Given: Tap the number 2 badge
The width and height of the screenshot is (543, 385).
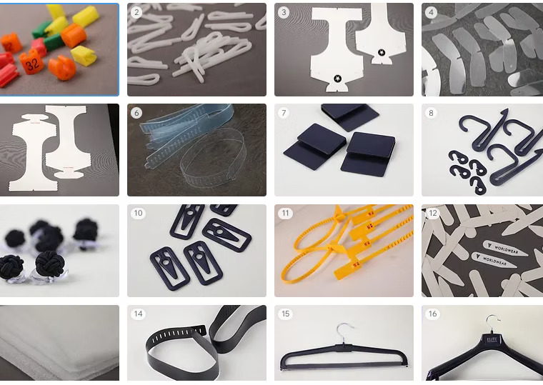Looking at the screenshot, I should point(137,13).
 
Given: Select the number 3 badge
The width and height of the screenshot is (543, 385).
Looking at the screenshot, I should point(284,13).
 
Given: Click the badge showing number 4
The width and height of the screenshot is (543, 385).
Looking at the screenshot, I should point(432,13).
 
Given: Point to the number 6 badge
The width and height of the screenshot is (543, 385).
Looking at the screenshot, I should point(137,113).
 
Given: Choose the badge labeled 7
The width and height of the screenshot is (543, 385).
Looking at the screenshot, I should point(284,113).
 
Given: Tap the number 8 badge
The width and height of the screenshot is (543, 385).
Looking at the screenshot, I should point(432,113).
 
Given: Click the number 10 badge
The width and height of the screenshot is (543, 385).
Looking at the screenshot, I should point(137,214).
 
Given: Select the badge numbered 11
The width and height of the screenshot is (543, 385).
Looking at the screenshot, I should point(284,214).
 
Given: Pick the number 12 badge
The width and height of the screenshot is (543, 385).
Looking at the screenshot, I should point(432,214).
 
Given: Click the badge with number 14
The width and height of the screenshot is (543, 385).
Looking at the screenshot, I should point(137,314).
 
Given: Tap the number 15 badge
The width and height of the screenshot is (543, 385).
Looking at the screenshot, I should point(284,314).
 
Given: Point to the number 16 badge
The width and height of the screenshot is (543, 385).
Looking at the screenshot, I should point(432,314).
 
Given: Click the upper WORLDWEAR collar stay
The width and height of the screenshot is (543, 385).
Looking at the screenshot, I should point(504,246).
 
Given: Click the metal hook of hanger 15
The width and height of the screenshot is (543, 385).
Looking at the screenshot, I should point(345,331).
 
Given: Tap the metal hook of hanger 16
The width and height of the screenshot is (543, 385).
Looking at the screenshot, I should point(491,323).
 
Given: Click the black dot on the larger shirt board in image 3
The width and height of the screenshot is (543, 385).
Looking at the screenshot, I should point(337,78).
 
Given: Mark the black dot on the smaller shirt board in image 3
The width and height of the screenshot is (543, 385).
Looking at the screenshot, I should point(382,53).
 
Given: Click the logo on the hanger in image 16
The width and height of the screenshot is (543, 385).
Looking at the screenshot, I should point(493,340).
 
